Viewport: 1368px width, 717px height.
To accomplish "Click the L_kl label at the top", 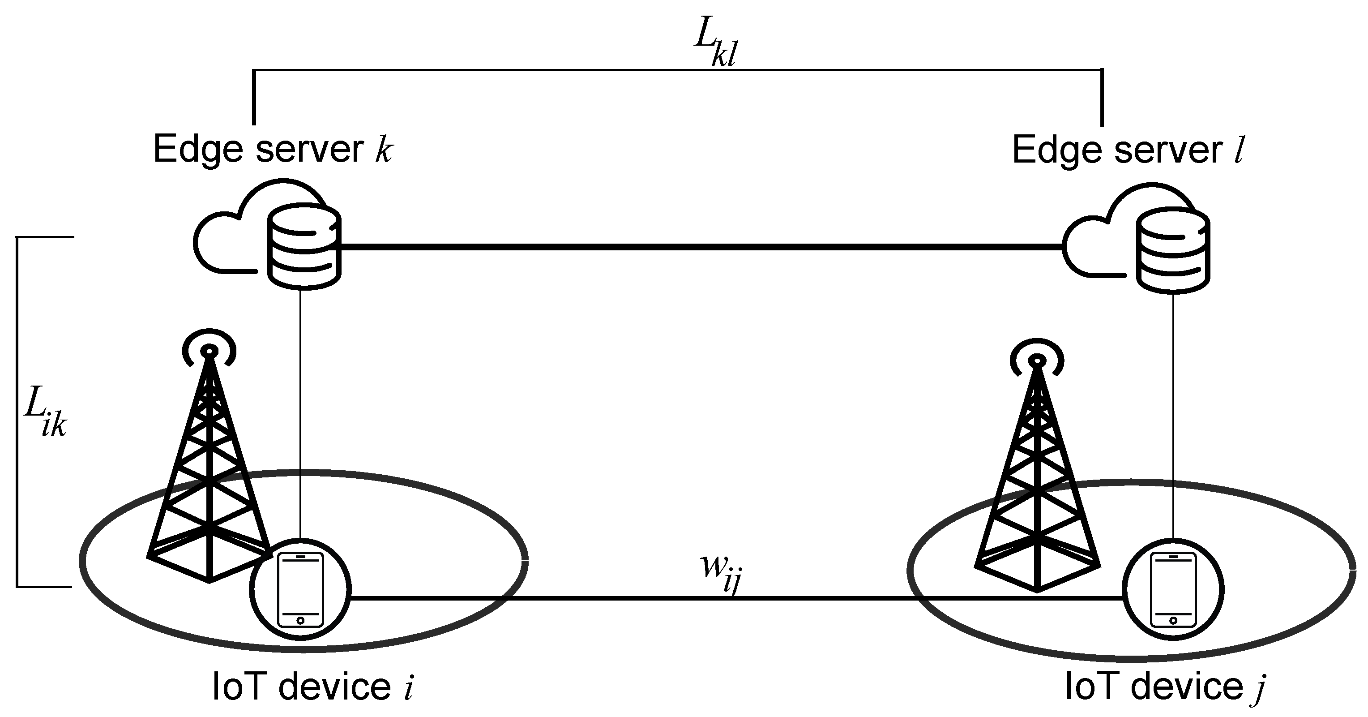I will [x=716, y=46].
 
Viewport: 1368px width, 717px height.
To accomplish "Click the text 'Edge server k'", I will [x=273, y=150].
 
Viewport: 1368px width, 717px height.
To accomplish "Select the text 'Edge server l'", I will [x=1128, y=151].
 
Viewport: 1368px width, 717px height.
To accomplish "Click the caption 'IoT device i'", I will [x=312, y=686].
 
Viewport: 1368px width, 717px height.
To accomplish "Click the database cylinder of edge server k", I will [x=304, y=248].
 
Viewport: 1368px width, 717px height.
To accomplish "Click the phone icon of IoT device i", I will [x=300, y=589].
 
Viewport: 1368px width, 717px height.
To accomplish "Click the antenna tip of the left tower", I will [x=209, y=351].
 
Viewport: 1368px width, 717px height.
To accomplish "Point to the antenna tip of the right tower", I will [x=1037, y=361].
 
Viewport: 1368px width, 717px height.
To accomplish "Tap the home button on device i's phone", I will [x=300, y=620].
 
